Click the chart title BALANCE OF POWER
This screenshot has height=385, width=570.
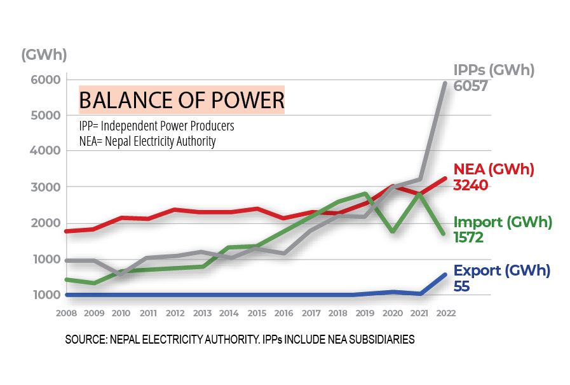click(x=181, y=101)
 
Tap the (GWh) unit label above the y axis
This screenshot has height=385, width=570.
click(x=44, y=54)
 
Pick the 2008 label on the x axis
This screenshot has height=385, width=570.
click(x=67, y=313)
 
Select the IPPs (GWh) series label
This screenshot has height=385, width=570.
click(x=494, y=70)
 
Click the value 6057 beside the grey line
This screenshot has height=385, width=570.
click(x=470, y=86)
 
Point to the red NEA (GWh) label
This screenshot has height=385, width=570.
click(x=493, y=170)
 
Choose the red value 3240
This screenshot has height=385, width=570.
click(x=471, y=186)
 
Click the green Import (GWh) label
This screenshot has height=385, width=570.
click(x=503, y=222)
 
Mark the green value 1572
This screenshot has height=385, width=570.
click(x=469, y=238)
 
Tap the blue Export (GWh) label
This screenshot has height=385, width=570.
click(x=501, y=270)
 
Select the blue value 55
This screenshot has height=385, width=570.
click(x=462, y=286)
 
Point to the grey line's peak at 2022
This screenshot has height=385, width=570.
click(x=445, y=83)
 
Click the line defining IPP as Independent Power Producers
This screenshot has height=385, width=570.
click(x=156, y=125)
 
